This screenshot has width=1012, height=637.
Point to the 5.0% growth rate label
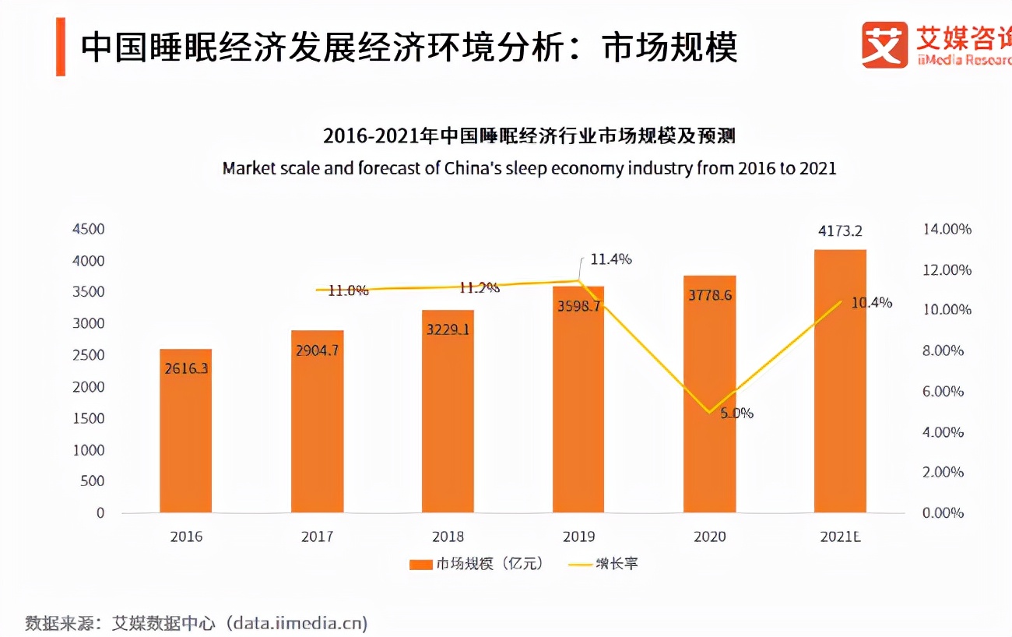[x=736, y=413]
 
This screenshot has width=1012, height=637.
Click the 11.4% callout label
[x=610, y=259]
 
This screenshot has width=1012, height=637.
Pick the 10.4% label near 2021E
[x=871, y=303]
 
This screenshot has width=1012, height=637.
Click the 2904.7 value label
[x=317, y=350]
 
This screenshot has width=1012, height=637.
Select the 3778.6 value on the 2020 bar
[x=709, y=295]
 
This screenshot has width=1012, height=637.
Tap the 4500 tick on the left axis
[x=88, y=230]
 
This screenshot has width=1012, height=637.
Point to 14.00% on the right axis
[x=947, y=230]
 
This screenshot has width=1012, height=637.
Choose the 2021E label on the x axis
[x=840, y=537]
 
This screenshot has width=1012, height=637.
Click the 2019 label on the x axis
[x=578, y=537]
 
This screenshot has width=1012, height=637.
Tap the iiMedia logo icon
[x=884, y=45]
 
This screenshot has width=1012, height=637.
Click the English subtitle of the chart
[x=529, y=168]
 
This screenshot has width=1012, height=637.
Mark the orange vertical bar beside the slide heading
[x=60, y=48]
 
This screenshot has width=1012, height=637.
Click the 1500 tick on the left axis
[x=88, y=418]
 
